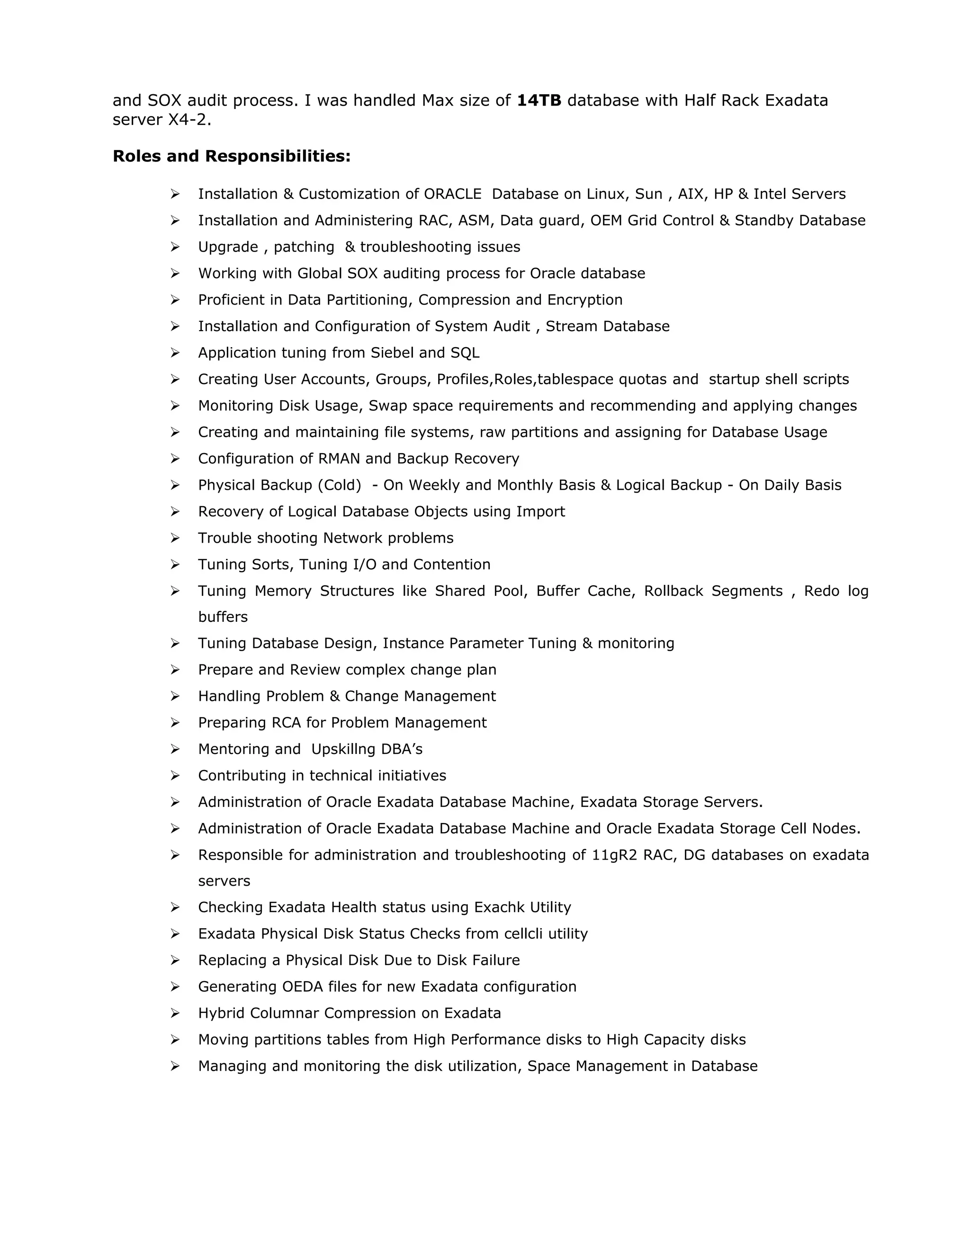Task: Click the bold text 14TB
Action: point(539,100)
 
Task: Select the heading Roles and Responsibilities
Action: point(231,156)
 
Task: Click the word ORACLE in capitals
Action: point(452,194)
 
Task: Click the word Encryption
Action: point(584,300)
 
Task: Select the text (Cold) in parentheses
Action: point(340,485)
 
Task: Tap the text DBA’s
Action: point(402,749)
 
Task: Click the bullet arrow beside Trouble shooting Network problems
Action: point(175,538)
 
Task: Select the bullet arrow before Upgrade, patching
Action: point(175,247)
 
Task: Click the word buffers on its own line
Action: point(223,617)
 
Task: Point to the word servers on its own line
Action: point(224,881)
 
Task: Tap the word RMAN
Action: point(339,458)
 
